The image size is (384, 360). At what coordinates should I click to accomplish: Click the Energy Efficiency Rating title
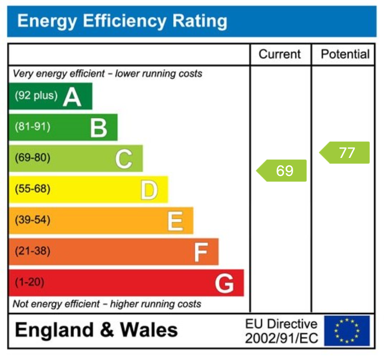(x=122, y=21)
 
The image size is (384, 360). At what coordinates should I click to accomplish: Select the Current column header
(x=280, y=54)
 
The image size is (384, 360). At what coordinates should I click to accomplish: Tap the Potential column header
(x=345, y=54)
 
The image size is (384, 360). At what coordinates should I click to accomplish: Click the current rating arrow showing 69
(x=282, y=171)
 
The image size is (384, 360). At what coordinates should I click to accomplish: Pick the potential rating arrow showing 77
(x=345, y=153)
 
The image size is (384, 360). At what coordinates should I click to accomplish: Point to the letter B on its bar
(x=99, y=128)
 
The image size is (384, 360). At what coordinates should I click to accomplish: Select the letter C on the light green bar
(x=124, y=159)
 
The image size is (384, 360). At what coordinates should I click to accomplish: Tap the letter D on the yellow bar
(x=149, y=190)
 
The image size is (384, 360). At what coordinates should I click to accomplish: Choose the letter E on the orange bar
(x=175, y=221)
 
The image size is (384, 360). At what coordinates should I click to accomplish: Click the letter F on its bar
(x=201, y=252)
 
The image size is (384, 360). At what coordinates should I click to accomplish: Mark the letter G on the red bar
(x=225, y=283)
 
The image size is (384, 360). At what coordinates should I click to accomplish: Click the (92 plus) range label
(x=36, y=96)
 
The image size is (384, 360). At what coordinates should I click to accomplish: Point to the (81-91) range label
(x=32, y=127)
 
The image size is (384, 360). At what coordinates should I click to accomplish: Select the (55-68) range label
(x=32, y=189)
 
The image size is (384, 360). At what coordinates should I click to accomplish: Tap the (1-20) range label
(x=29, y=282)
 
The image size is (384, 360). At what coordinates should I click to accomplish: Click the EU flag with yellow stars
(x=347, y=331)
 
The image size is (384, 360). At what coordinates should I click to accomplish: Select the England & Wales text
(x=97, y=330)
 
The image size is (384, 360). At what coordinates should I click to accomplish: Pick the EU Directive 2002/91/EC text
(x=281, y=331)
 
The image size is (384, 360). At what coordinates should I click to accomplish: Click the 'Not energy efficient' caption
(x=107, y=304)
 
